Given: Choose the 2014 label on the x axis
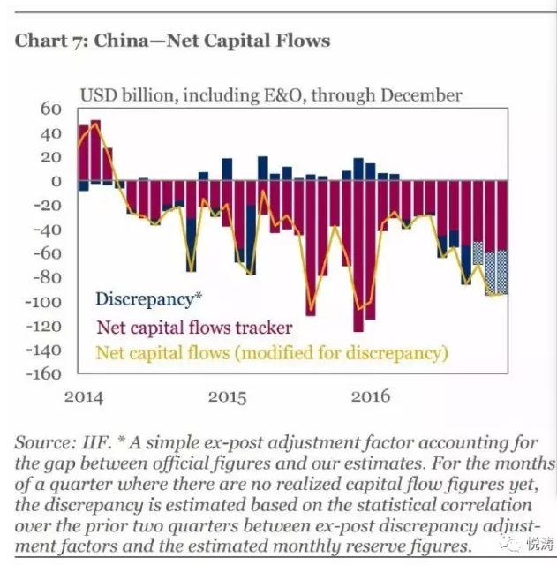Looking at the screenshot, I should tap(84, 396).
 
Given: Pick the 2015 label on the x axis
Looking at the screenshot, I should tap(228, 396).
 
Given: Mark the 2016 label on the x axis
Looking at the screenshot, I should tap(371, 396).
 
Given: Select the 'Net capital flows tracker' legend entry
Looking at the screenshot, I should tap(194, 328).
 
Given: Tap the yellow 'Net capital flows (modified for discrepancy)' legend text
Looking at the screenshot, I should tap(272, 353).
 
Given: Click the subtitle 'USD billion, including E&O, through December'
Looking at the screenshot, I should tap(271, 95).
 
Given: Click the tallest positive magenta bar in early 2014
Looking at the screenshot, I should tap(95, 150).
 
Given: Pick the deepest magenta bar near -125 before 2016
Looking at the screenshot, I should tap(358, 256).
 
